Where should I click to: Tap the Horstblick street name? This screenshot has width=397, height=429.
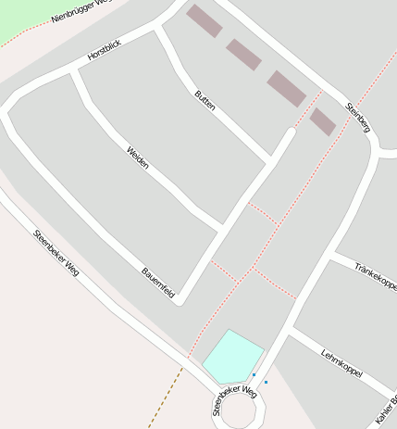click(x=105, y=50)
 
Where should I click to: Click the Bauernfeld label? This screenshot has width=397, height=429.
click(x=158, y=282)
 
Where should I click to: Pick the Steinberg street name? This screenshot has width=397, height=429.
click(x=357, y=117)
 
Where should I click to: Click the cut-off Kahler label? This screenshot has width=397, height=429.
click(x=386, y=408)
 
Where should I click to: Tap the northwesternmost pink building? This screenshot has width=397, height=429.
click(x=205, y=20)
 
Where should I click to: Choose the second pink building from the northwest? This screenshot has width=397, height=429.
click(x=244, y=54)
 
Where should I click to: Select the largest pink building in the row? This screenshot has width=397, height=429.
click(x=287, y=88)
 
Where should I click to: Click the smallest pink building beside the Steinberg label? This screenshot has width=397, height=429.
click(x=323, y=121)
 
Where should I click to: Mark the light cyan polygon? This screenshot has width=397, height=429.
click(x=231, y=356)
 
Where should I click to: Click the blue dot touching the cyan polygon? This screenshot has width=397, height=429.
click(x=254, y=374)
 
